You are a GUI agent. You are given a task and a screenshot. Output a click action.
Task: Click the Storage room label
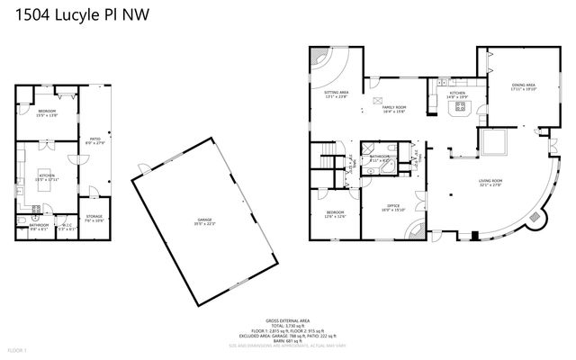(94, 218)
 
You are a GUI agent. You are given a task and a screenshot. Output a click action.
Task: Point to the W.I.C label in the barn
(66, 227)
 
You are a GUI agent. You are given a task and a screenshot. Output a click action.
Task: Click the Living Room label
(490, 183)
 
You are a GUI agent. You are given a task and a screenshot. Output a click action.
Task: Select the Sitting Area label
(337, 94)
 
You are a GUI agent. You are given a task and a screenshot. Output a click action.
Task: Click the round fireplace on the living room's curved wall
(538, 218)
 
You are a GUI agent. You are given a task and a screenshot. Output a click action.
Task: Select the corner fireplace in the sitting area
(320, 57)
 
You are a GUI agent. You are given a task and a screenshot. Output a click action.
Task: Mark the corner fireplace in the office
(416, 232)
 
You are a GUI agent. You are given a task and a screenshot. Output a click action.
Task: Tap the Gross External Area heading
(288, 319)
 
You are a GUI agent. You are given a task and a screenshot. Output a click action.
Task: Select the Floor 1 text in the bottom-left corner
(17, 349)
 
